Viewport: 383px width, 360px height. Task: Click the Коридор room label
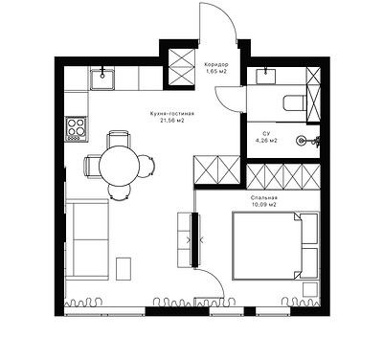coord(216,65)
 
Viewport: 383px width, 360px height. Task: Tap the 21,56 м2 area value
coord(172,121)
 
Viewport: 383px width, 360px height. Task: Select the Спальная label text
coord(264,198)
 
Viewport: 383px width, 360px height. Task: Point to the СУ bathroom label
coord(265,133)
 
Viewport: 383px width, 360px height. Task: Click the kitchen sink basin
coord(102,79)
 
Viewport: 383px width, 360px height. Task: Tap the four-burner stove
coord(77,129)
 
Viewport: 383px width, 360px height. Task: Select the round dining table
coord(119,166)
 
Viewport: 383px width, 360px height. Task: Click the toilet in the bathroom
coord(294,102)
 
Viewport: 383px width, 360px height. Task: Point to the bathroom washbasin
coord(266,76)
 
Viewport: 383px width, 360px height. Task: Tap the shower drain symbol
coord(301,140)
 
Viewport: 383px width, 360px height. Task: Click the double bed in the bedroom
coord(276,246)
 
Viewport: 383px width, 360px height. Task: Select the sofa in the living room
coord(87,239)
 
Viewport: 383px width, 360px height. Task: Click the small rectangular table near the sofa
coord(124,269)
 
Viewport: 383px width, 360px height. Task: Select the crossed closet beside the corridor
coord(181,67)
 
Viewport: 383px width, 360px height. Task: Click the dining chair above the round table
coord(119,139)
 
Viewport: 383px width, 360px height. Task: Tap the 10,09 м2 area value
coord(263,205)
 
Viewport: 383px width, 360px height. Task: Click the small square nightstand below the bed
coord(310,290)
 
